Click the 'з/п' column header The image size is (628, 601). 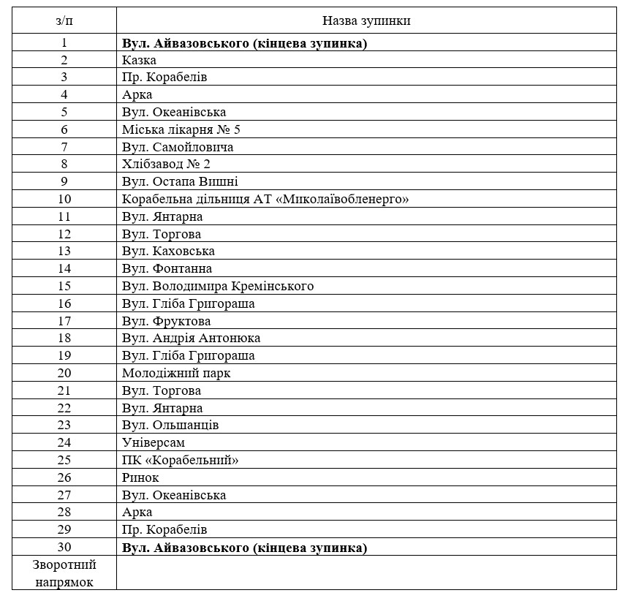click(x=64, y=20)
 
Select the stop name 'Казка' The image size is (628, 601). click(x=139, y=60)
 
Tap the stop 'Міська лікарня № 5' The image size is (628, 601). click(x=181, y=129)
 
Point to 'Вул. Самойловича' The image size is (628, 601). click(x=178, y=147)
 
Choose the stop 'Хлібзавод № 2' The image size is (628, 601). click(x=167, y=164)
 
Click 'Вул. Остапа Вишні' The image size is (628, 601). click(x=180, y=181)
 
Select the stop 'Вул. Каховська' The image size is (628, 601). click(x=168, y=251)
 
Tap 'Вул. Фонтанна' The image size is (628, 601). click(x=167, y=268)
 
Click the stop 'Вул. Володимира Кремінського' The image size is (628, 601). click(x=218, y=286)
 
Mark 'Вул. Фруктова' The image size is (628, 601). click(x=166, y=321)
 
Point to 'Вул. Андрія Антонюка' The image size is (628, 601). click(x=191, y=338)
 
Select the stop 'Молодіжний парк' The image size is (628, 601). click(x=176, y=373)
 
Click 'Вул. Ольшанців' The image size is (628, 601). click(x=170, y=425)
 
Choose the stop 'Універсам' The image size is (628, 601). click(x=154, y=442)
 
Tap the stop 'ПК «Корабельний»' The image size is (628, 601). click(x=181, y=460)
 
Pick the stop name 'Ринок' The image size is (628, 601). click(x=140, y=477)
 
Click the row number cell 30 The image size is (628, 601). click(x=64, y=548)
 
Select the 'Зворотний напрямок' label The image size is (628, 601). click(x=64, y=573)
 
